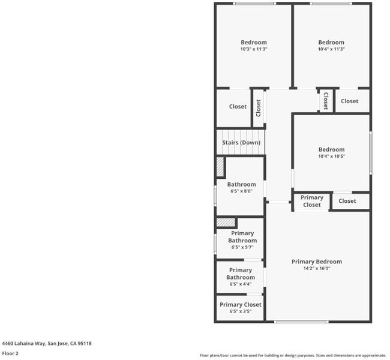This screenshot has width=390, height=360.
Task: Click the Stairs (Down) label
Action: click(241, 143)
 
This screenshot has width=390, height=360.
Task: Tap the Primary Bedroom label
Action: click(317, 262)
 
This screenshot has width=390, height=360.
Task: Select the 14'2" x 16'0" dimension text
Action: click(317, 268)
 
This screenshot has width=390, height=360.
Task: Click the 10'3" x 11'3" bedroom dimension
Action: click(254, 49)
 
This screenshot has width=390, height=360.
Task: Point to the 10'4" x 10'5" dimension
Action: click(332, 156)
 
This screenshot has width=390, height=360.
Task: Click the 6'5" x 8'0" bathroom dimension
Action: click(241, 191)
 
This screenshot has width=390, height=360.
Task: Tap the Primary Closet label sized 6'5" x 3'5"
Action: click(241, 305)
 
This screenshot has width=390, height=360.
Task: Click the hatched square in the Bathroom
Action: click(220, 167)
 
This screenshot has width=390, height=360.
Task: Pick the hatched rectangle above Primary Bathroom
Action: click(226, 223)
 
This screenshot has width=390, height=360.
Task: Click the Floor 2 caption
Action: click(10, 353)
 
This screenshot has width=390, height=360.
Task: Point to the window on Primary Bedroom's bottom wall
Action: click(301, 322)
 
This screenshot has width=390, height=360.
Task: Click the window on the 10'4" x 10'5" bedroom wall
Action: click(371, 153)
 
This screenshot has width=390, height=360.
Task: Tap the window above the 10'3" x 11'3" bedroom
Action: click(254, 4)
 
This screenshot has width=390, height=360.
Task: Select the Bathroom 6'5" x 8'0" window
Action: click(215, 196)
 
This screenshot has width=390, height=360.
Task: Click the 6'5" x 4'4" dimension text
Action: click(240, 284)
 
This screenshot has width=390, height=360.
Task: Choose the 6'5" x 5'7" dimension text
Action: click(242, 247)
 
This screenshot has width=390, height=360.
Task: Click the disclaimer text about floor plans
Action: click(293, 356)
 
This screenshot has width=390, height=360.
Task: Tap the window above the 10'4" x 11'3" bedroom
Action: click(331, 4)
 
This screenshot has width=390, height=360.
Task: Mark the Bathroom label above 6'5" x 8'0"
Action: click(241, 184)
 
